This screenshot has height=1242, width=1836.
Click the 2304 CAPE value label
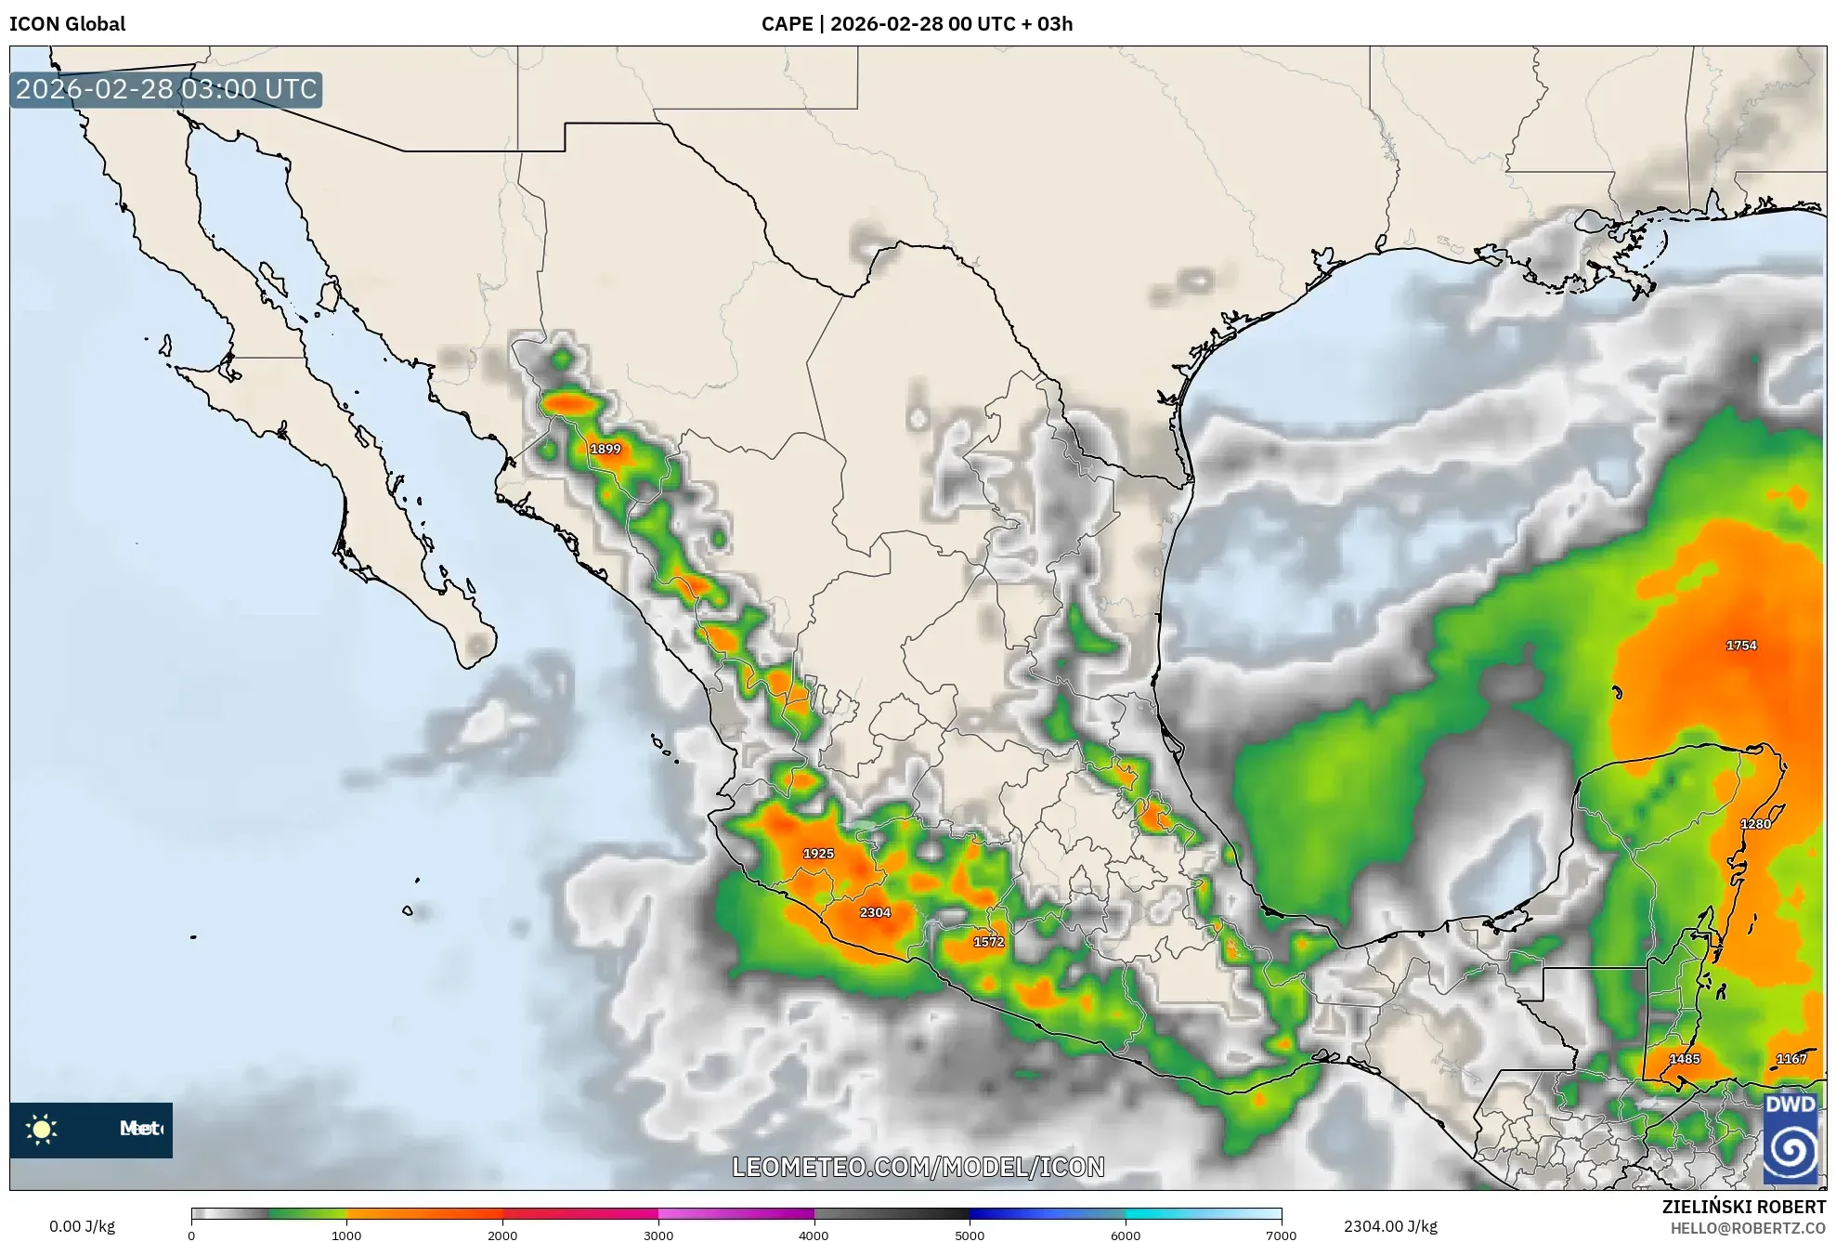pos(875,912)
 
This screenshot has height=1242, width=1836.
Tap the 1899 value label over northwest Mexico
pos(605,449)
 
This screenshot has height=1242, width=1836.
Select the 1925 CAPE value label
pos(818,853)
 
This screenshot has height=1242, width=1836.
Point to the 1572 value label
pos(988,941)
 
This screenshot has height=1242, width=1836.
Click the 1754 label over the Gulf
pos(1741,645)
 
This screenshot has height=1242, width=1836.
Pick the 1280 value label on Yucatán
pos(1755,823)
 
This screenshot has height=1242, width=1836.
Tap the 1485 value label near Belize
pos(1685,1058)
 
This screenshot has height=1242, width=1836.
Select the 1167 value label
pos(1791,1058)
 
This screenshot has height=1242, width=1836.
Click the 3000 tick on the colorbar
pos(658,1235)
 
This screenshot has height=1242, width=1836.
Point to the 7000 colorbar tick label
pos(1281,1235)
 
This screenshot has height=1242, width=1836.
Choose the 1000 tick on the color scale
pos(346,1235)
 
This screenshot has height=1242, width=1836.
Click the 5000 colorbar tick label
pos(970,1235)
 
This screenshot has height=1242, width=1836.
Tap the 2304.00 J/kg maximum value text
pos(1390,1226)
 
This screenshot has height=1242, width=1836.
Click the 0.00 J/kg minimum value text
pos(83,1226)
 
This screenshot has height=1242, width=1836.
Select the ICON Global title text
pos(67,23)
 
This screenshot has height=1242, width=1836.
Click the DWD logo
pos(1790,1137)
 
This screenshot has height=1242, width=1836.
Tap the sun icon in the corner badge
pos(42,1129)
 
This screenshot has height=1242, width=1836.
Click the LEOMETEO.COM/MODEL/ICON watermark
pos(918,1167)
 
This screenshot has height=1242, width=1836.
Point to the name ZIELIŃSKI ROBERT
pos(1743,1206)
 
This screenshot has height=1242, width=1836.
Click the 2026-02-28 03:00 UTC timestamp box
pos(166,89)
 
